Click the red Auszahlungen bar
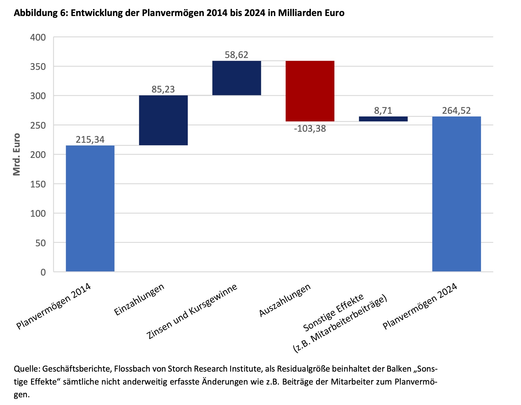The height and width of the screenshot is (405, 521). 310,91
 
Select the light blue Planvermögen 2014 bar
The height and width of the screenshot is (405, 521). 90,208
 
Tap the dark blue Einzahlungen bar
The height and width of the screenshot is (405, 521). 163,120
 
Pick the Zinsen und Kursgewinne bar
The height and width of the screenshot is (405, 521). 237,78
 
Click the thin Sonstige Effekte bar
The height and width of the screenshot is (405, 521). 383,119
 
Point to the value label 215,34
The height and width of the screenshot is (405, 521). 90,140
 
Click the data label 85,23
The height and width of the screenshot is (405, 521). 163,89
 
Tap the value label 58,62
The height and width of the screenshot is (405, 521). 237,55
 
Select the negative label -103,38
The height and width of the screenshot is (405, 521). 310,129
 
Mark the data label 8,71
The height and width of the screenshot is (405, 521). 383,111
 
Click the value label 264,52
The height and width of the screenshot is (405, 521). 456,111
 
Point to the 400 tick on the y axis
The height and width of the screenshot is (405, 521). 38,38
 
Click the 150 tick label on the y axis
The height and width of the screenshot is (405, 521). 38,184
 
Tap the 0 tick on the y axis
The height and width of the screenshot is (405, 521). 43,272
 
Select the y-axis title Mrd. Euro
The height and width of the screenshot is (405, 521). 17,154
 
